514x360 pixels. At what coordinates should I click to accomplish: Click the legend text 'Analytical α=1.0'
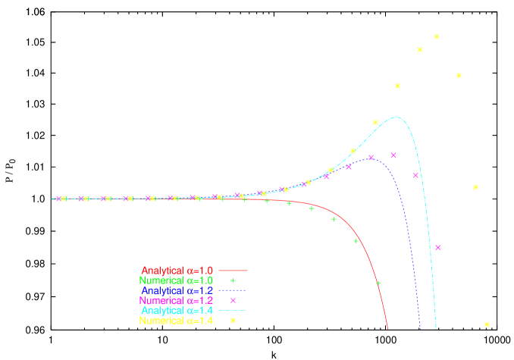(x=177, y=271)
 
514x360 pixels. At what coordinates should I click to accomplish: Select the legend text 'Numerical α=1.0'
(x=177, y=280)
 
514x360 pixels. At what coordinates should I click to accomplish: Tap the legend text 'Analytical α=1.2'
(x=177, y=290)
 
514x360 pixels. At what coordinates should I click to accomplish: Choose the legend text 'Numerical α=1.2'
(x=177, y=301)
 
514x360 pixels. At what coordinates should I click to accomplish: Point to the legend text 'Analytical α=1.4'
(x=177, y=311)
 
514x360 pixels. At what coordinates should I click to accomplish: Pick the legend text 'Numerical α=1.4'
(x=177, y=321)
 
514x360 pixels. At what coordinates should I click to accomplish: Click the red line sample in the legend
(x=233, y=271)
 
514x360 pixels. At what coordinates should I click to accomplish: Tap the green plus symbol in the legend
(x=233, y=280)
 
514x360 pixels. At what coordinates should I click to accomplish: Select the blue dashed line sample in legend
(x=233, y=290)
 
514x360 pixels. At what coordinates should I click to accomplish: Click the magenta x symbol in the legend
(x=233, y=301)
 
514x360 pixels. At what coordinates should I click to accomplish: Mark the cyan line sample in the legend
(x=233, y=311)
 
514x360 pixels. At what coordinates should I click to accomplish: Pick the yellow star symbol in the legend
(x=233, y=321)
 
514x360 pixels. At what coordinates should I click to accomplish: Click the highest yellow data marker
(x=437, y=36)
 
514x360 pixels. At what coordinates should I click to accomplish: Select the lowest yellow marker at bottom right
(x=487, y=324)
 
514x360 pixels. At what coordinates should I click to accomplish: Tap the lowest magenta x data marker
(x=438, y=248)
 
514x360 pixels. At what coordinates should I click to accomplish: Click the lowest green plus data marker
(x=378, y=283)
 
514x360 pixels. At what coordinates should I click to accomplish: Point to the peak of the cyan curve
(x=396, y=117)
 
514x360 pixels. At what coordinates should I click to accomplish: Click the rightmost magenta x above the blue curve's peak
(x=393, y=155)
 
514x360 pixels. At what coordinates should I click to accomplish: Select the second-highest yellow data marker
(x=420, y=50)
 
